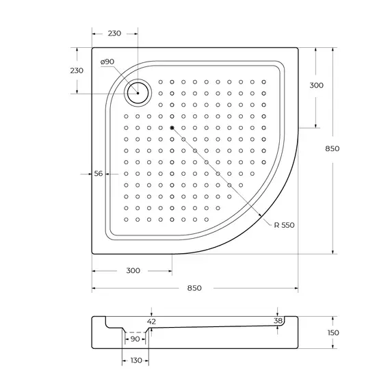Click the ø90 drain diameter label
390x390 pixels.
pyautogui.click(x=107, y=62)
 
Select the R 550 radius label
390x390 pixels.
pyautogui.click(x=283, y=225)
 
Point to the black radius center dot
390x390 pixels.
pyautogui.click(x=172, y=127)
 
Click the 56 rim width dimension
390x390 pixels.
pyautogui.click(x=98, y=174)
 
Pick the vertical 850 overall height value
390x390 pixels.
pyautogui.click(x=332, y=148)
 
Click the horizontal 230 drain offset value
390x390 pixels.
pyautogui.click(x=115, y=34)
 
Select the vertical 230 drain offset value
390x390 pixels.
pyautogui.click(x=77, y=70)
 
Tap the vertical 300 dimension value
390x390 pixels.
pyautogui.click(x=316, y=86)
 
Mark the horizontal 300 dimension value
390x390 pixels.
pyautogui.click(x=133, y=270)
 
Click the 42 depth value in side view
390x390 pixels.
pyautogui.click(x=153, y=321)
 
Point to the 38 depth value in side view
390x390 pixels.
pyautogui.click(x=277, y=320)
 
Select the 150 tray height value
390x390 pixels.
pyautogui.click(x=333, y=333)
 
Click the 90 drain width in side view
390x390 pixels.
pyautogui.click(x=135, y=339)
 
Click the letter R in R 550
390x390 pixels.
pyautogui.click(x=274, y=225)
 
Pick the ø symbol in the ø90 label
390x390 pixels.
pyautogui.click(x=102, y=62)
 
